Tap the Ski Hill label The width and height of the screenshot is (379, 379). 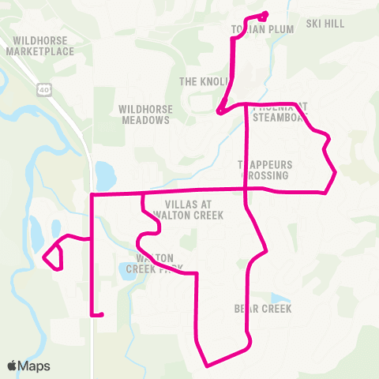[x=325, y=24]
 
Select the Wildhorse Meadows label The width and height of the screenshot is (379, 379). [x=144, y=114]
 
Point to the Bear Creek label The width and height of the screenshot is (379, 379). [x=263, y=308]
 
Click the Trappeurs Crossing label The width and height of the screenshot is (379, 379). [x=265, y=170]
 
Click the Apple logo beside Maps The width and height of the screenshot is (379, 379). [x=12, y=366]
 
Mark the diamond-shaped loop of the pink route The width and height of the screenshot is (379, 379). [x=52, y=256]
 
